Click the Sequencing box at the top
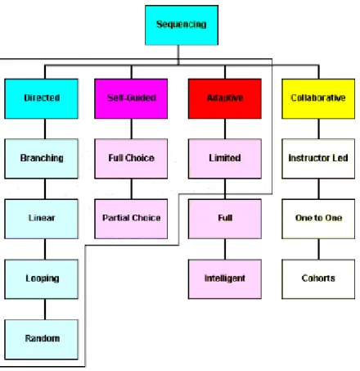[182, 25]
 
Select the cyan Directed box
[41, 98]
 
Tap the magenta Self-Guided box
[131, 98]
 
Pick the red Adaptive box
[225, 98]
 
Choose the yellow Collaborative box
[318, 98]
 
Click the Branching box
[41, 159]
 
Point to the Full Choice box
[131, 159]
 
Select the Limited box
[225, 159]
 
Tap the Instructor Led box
[318, 159]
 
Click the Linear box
[41, 219]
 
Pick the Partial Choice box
[131, 219]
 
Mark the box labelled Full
[225, 219]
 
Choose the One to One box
[318, 219]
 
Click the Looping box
[41, 279]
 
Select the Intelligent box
[225, 279]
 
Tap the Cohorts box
[318, 279]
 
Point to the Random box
[41, 339]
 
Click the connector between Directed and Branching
[45, 129]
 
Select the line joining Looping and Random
[45, 310]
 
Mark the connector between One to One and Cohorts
[318, 249]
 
